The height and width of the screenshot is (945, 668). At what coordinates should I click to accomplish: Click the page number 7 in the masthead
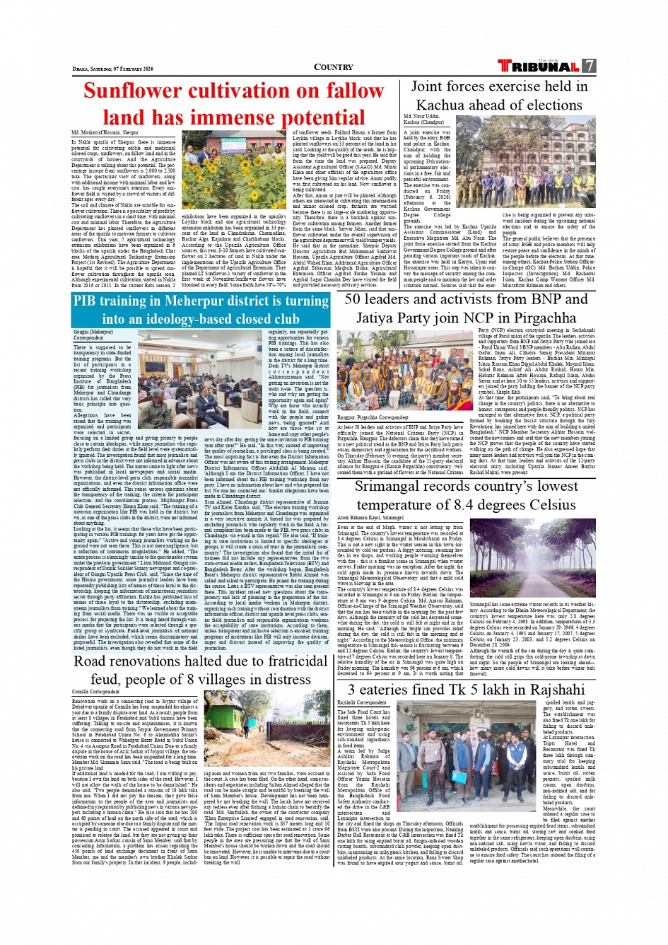pyautogui.click(x=589, y=66)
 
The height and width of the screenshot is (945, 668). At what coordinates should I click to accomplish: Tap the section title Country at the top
pyautogui.click(x=334, y=67)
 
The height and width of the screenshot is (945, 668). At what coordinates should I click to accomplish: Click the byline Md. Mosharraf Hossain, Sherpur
pyautogui.click(x=105, y=132)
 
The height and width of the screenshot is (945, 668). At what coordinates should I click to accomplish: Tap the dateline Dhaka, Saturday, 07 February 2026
pyautogui.click(x=112, y=69)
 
